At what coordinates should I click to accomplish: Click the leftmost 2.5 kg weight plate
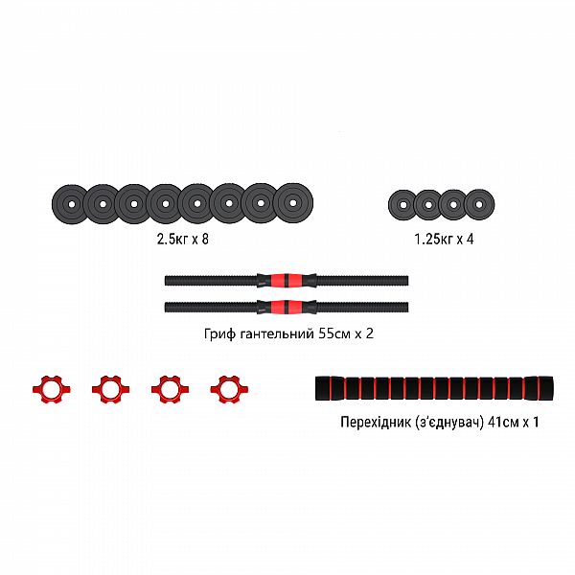pos(69,204)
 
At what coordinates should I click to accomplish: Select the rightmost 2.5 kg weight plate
pos(289,202)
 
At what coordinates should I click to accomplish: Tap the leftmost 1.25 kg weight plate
pos(402,204)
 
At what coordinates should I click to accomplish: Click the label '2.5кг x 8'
pos(179,239)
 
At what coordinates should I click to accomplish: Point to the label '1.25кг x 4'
pos(444,239)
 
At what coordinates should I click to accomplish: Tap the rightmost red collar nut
pos(227,388)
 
